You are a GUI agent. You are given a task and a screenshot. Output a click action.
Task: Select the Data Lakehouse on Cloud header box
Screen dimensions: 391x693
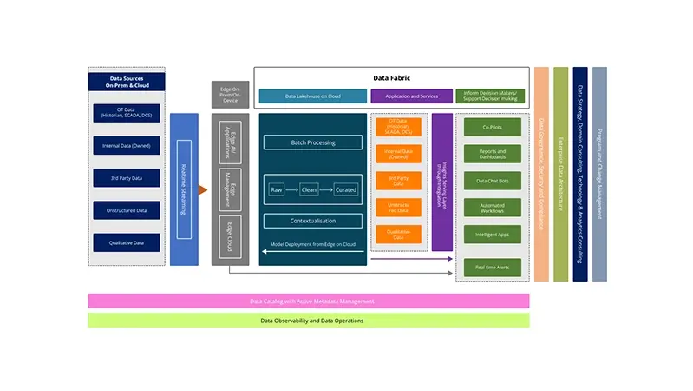312,96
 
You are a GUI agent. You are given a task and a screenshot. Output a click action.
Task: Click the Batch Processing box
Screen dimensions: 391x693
312,142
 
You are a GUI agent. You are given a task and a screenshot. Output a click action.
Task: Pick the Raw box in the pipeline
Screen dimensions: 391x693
277,189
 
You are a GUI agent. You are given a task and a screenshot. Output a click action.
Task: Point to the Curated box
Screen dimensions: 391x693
346,189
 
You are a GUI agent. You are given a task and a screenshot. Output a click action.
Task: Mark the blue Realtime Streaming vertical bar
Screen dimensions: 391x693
183,189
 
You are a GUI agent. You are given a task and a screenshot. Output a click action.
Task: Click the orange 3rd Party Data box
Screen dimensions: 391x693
398,181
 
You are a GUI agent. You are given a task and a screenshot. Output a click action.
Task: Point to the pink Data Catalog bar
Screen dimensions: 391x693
308,301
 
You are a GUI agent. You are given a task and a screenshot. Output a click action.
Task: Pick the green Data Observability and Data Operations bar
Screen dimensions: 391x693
308,321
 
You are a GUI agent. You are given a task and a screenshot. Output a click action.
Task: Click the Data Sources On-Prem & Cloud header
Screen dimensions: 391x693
127,83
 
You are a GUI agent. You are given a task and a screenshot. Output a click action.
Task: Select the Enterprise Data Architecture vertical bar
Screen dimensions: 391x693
560,174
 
